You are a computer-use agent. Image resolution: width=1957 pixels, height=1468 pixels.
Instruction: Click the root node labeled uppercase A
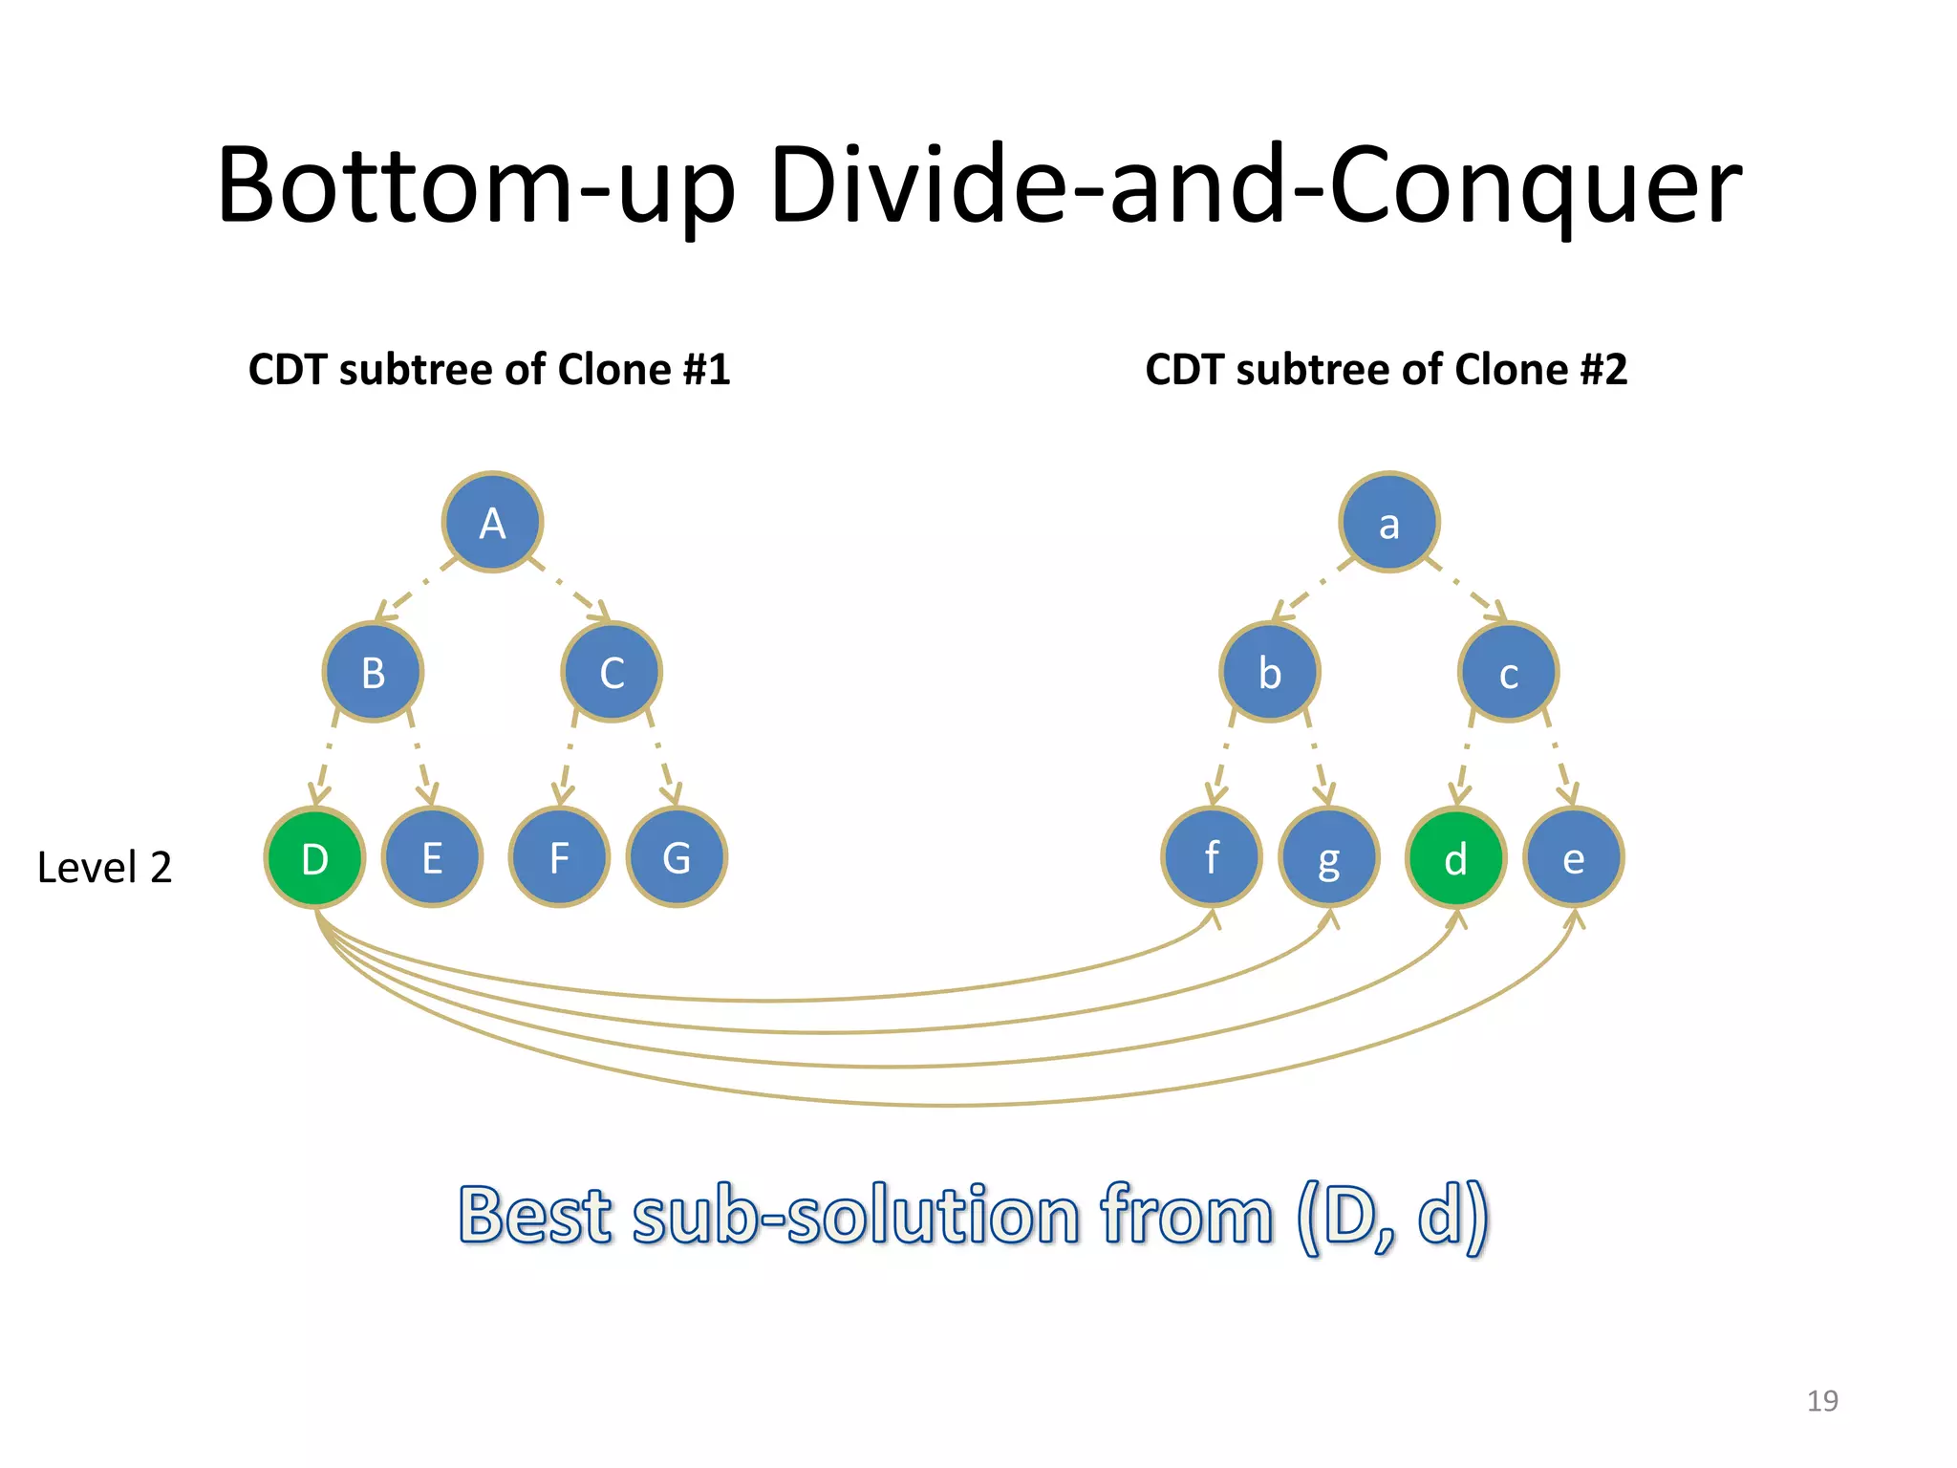(x=492, y=522)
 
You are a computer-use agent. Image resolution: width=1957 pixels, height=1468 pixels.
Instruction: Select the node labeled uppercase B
(x=373, y=672)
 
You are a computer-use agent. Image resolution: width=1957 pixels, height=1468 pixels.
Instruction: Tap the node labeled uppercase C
(x=612, y=672)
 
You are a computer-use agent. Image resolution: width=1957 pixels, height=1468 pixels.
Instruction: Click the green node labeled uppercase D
(x=314, y=857)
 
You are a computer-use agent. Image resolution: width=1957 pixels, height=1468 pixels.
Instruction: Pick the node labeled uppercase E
(x=432, y=857)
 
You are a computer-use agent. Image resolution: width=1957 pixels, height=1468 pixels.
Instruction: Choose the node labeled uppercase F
(x=559, y=857)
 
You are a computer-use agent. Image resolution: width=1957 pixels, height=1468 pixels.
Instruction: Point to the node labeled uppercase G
(x=677, y=857)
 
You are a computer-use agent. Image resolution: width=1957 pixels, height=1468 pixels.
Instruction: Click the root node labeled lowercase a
(x=1389, y=522)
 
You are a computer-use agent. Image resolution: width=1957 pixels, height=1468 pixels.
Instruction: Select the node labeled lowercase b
(x=1270, y=672)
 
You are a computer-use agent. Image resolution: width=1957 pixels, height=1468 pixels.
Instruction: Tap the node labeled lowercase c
(x=1509, y=672)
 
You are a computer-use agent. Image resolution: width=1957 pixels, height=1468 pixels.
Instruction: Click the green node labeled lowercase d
(x=1455, y=857)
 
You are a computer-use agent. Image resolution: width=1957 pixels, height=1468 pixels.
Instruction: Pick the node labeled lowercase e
(x=1573, y=857)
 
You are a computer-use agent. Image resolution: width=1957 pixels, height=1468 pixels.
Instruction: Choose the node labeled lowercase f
(x=1212, y=857)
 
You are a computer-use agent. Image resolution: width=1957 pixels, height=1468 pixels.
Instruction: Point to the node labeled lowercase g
(x=1329, y=857)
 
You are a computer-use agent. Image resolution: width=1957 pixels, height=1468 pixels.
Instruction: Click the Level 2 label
(x=104, y=868)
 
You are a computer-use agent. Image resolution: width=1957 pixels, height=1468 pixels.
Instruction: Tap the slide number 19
(x=1822, y=1401)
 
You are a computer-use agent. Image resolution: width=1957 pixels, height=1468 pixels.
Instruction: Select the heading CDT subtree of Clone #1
(x=489, y=370)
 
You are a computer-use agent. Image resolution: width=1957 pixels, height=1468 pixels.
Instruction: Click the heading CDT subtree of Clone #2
(x=1386, y=370)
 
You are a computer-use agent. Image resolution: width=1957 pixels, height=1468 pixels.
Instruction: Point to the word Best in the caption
(x=535, y=1216)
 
